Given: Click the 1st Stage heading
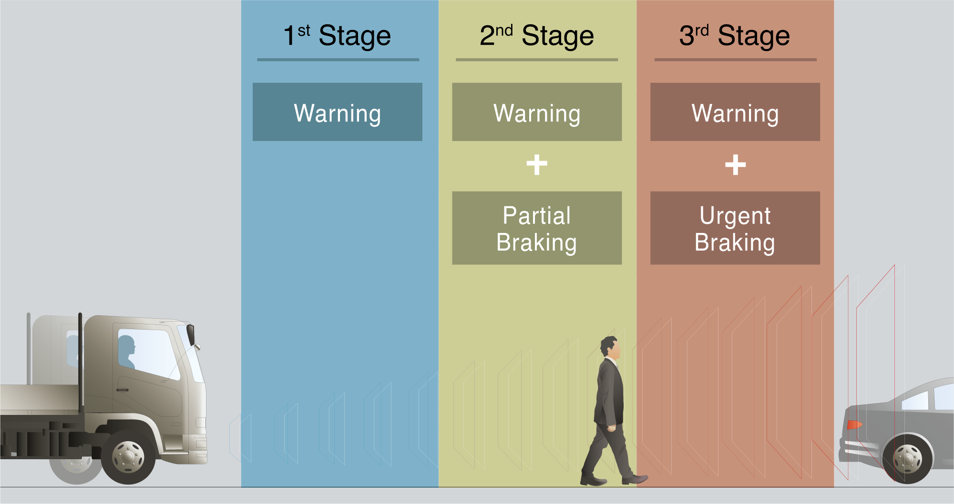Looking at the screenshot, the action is point(337,36).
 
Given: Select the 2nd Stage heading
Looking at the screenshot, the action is point(537,36).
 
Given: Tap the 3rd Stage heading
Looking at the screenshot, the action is point(735,36).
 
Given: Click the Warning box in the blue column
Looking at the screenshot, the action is point(338,112).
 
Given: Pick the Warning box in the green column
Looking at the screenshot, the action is point(537,112).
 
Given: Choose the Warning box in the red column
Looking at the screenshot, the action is point(735,112).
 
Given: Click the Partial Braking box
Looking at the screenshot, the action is point(537,228).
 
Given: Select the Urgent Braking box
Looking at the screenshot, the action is point(735,228).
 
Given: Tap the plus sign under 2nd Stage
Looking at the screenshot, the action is point(537,165).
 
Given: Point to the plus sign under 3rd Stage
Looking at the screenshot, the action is point(736,165).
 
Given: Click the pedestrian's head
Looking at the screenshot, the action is point(610,347).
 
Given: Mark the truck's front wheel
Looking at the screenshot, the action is point(128,457).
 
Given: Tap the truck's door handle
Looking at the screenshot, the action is point(123,390).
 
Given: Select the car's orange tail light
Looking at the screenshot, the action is point(854,424).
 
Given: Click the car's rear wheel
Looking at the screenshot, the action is point(907,459).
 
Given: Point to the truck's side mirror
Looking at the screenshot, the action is point(191,334).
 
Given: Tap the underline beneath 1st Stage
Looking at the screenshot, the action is point(338,60).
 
